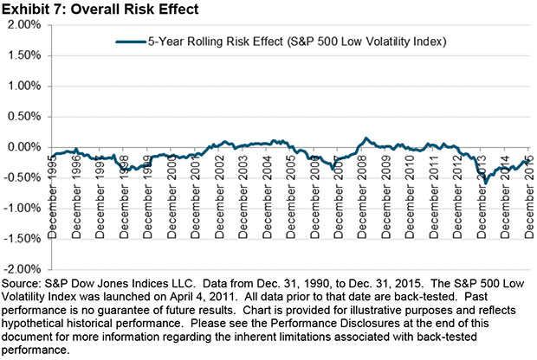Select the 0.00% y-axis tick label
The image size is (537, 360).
pos(26,147)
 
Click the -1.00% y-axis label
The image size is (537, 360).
pos(24,209)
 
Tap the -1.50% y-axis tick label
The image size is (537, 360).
pos(24,239)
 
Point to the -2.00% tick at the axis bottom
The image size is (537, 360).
pos(24,269)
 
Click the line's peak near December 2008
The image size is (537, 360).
pos(366,138)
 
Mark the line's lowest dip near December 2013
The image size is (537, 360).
pos(486,183)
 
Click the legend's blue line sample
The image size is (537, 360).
pos(132,41)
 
